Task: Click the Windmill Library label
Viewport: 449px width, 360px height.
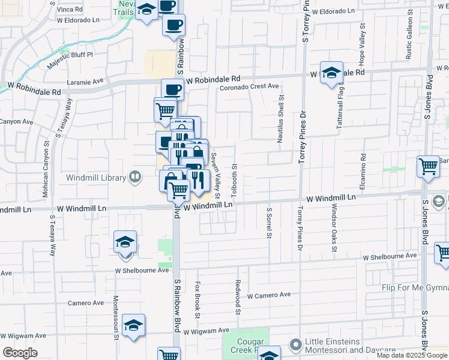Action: click(x=95, y=177)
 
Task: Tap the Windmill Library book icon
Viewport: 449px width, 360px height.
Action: click(x=136, y=177)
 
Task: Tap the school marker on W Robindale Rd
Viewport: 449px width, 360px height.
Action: click(x=331, y=73)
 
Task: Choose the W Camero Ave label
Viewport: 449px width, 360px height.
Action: click(x=268, y=295)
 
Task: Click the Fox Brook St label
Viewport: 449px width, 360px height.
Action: click(x=197, y=299)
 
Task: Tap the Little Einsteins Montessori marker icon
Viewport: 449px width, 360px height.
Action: click(x=295, y=345)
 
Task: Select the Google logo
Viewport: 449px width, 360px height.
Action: click(x=20, y=353)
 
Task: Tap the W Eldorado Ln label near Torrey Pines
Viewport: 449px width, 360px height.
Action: click(x=339, y=11)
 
